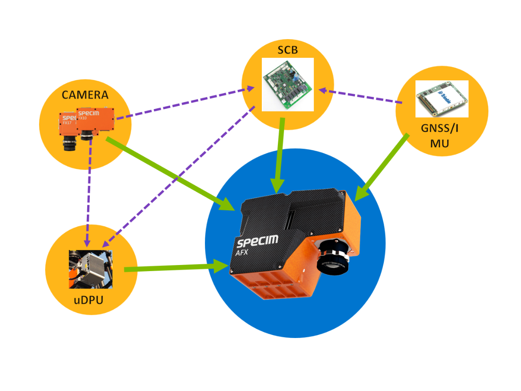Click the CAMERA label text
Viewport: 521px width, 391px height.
[85, 94]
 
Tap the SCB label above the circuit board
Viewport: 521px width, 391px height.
[287, 50]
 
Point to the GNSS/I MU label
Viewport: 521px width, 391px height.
[442, 135]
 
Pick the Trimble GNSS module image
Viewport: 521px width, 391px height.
[442, 99]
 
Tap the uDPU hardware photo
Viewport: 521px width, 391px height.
[91, 269]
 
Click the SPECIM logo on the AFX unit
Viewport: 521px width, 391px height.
[257, 241]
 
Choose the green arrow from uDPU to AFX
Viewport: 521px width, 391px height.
[174, 268]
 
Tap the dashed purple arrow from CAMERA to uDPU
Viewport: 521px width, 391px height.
[88, 191]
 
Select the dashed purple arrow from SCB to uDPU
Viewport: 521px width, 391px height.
[178, 176]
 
